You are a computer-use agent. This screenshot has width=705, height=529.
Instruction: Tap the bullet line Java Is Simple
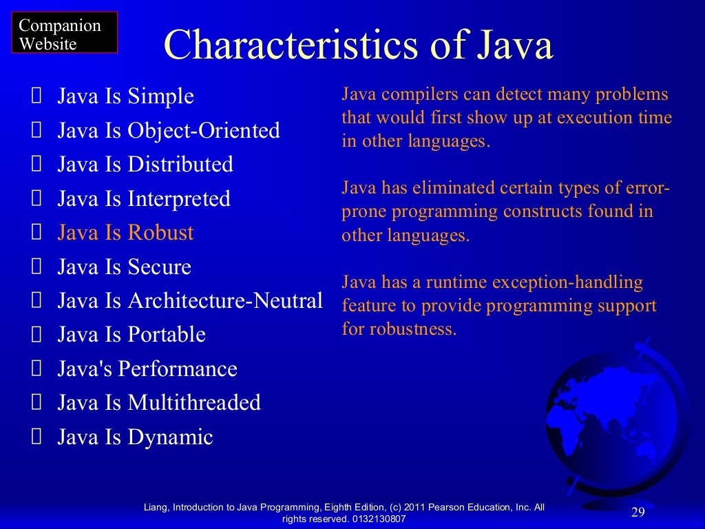point(125,96)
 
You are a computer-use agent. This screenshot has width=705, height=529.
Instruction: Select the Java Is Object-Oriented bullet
point(169,130)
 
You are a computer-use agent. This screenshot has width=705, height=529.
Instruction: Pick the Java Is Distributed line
point(145,165)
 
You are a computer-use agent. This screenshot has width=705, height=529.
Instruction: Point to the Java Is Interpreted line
point(144,199)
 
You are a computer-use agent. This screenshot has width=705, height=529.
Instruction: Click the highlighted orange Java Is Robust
point(125,233)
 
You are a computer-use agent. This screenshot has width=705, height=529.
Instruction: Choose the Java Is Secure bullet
point(124,267)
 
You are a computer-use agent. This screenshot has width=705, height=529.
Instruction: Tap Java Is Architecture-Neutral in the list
point(190,301)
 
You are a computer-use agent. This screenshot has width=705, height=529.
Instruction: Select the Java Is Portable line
point(131,335)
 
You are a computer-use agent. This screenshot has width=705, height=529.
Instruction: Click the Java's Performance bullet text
point(147,369)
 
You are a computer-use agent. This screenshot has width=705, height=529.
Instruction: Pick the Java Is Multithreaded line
point(159,403)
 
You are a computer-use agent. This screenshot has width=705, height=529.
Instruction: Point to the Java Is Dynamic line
point(135,437)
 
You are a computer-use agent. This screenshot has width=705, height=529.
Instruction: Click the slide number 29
point(638,512)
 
